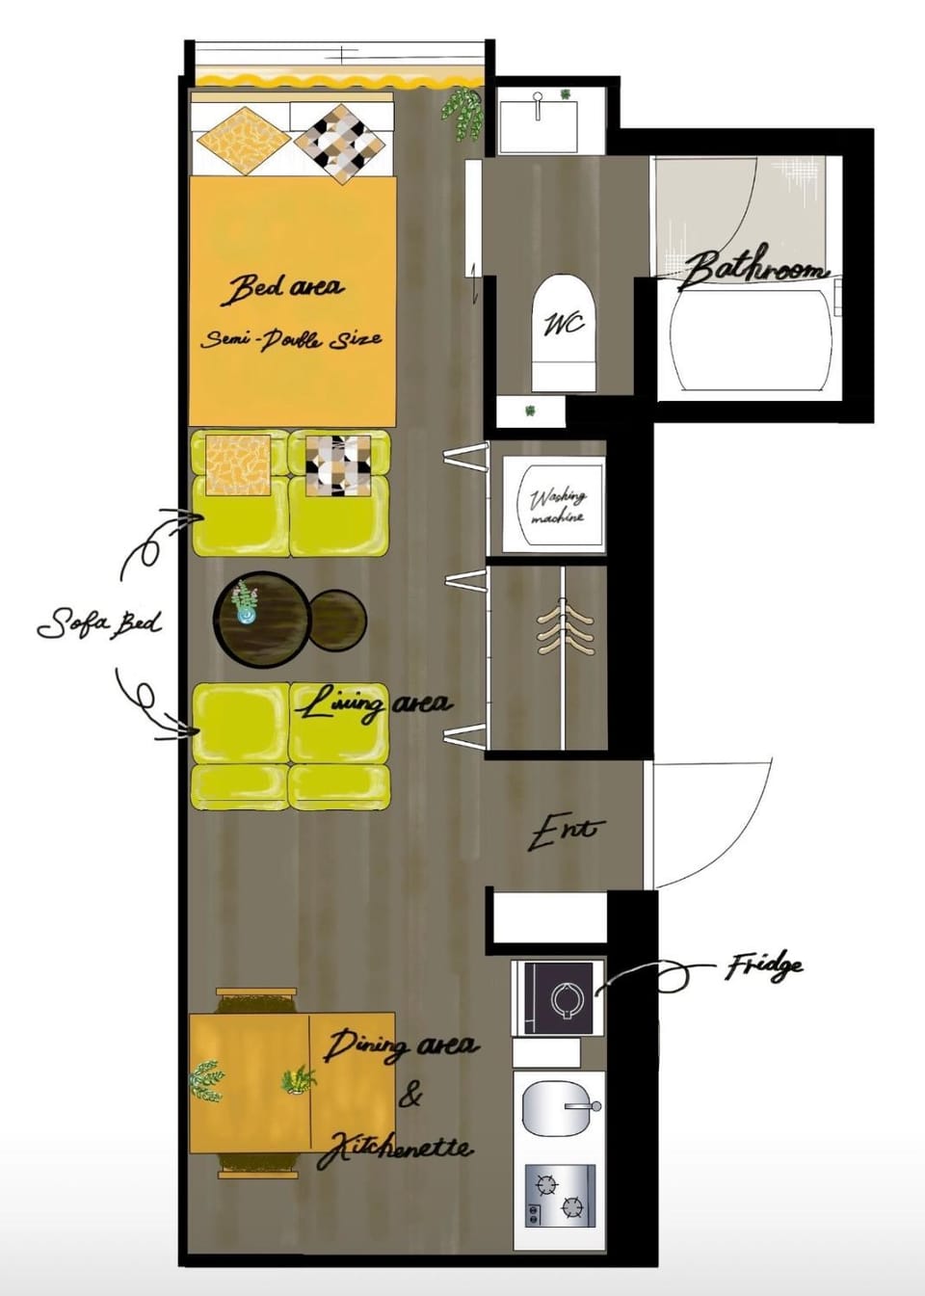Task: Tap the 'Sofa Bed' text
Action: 99,625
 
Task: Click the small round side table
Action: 338,618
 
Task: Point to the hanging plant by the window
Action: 462,113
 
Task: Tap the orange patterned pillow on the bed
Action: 244,141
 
